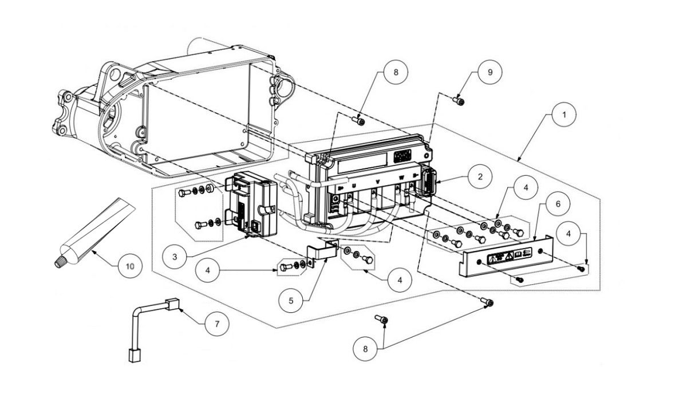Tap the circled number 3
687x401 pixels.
point(173,256)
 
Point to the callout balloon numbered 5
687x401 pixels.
point(291,298)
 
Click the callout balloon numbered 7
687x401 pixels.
point(216,324)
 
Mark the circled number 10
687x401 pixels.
point(129,266)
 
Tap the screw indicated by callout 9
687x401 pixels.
point(459,101)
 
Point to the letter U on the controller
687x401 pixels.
point(353,186)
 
